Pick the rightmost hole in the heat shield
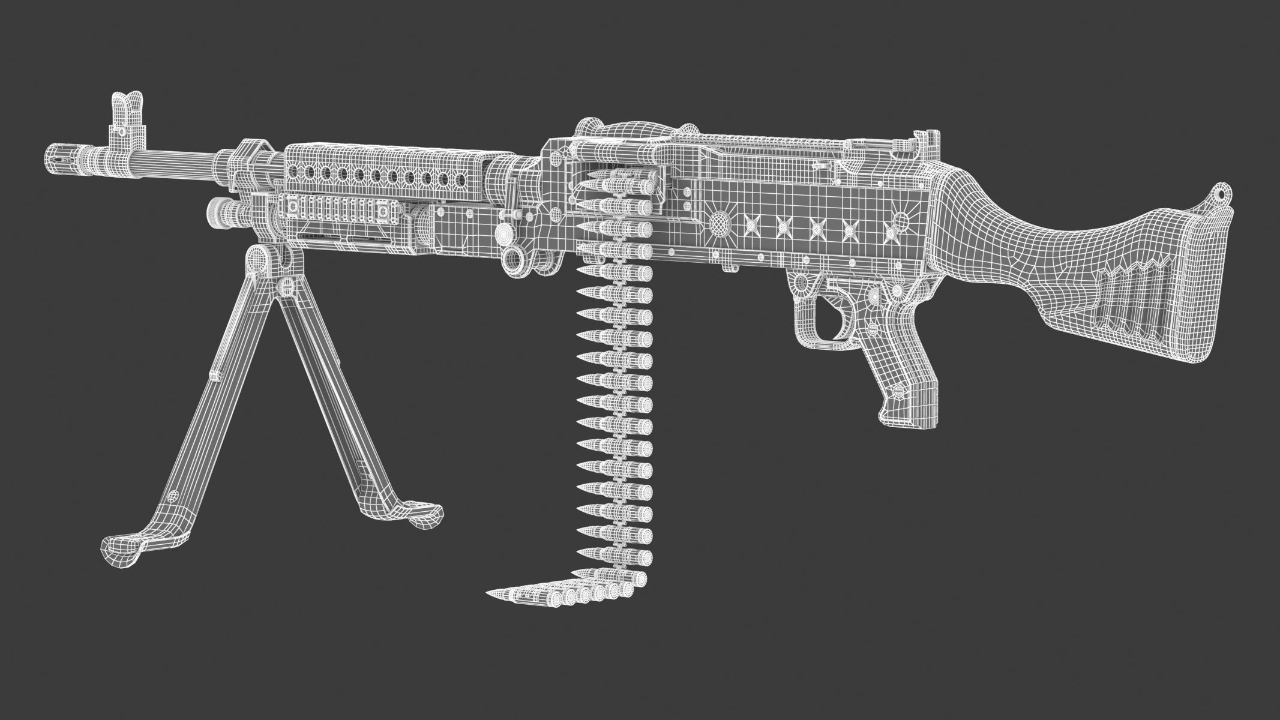[x=461, y=179]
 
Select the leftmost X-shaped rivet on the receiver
[x=750, y=225]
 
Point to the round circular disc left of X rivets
[x=718, y=224]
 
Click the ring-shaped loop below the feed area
[x=515, y=259]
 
